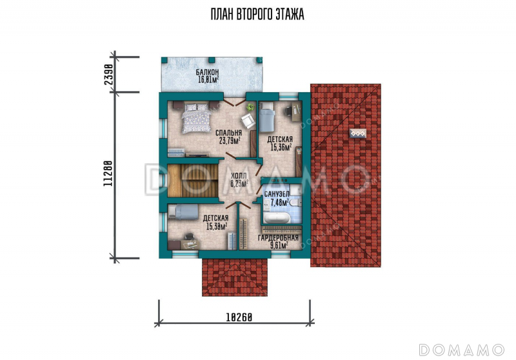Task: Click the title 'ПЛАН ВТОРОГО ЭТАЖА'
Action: (x=257, y=14)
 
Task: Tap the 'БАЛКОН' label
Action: (x=207, y=72)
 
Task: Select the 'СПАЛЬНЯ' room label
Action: (x=229, y=133)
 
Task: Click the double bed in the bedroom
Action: (x=197, y=117)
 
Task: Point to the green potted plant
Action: (x=251, y=106)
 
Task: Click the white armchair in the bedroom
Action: (x=248, y=121)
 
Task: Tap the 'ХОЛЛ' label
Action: (x=239, y=176)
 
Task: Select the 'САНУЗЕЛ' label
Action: (x=277, y=194)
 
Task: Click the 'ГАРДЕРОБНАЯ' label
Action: (x=278, y=238)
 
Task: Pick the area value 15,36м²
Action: (x=281, y=147)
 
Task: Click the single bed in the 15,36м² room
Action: (x=267, y=117)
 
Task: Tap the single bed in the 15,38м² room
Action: (x=183, y=212)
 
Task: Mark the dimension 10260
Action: (x=239, y=317)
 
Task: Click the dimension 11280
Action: (x=108, y=174)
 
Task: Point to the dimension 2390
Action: (x=109, y=75)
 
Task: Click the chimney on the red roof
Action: (x=358, y=134)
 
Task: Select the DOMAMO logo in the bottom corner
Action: (x=462, y=350)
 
